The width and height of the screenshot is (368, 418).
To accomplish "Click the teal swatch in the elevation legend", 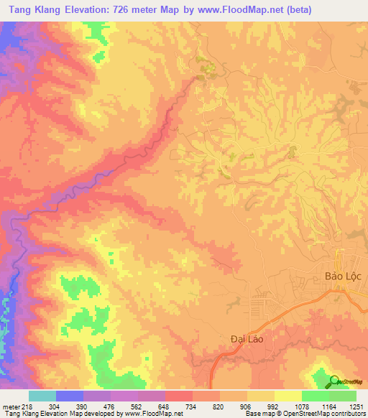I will pos(42,396).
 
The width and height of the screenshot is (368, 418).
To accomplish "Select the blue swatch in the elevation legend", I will pos(70,396).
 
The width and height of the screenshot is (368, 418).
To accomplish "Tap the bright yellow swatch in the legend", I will pos(288,396).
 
